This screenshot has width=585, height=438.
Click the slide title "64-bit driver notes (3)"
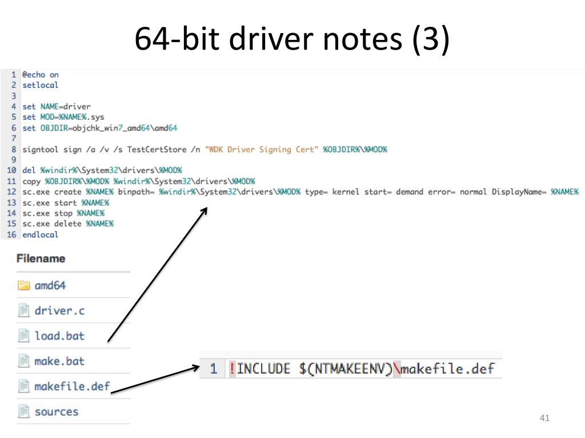coord(292,39)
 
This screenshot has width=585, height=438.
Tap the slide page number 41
coord(544,419)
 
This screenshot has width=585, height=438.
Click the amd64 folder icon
coord(24,285)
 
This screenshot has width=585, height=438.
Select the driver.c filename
coord(59,311)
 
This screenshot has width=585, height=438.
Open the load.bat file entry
coord(59,336)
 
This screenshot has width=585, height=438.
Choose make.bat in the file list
coord(59,361)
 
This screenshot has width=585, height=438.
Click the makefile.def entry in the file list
coord(71,386)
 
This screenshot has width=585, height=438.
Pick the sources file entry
coord(56,411)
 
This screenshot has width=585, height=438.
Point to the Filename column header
coord(41,258)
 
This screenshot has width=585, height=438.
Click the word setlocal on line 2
coord(40,85)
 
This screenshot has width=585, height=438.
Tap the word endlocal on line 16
coord(40,234)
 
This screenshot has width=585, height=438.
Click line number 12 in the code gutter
coord(11,192)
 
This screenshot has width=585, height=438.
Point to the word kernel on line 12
coord(346,192)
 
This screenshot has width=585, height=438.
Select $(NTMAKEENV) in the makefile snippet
coord(346,369)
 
